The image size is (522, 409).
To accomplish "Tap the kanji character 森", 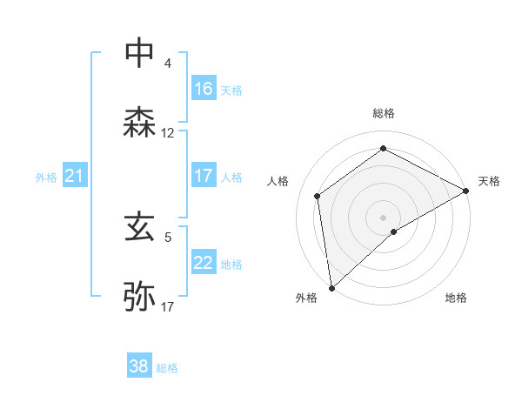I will [x=140, y=123].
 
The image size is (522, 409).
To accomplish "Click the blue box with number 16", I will [x=204, y=89].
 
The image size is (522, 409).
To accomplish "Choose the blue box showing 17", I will [x=204, y=177].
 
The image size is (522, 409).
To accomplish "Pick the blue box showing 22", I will [x=204, y=264].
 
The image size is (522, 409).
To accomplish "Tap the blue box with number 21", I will [x=74, y=177].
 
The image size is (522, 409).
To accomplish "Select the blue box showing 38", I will [x=139, y=367].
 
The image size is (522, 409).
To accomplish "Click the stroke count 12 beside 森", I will [x=168, y=133].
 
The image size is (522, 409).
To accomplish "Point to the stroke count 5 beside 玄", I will [x=168, y=237].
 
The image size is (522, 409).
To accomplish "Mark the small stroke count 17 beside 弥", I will [x=168, y=307].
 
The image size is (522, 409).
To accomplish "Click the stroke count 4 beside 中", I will [x=168, y=63].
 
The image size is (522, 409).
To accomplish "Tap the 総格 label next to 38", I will [x=167, y=368].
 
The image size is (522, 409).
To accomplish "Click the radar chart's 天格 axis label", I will [x=489, y=181].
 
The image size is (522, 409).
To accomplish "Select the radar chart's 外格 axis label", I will [x=306, y=298].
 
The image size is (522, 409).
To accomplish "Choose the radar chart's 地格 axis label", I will [x=456, y=298].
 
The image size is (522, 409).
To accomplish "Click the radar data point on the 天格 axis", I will [x=466, y=191].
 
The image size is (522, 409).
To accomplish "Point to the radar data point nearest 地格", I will [x=394, y=231].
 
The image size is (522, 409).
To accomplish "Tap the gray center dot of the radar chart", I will [x=383, y=217].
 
